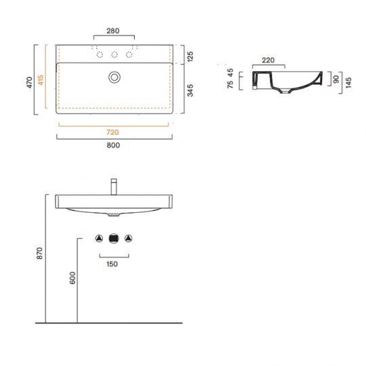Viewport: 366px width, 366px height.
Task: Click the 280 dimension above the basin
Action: point(113,30)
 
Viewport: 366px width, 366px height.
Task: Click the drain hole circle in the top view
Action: point(114,77)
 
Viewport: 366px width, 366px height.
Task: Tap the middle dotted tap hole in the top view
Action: point(114,55)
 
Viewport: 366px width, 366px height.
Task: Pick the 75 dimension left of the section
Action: point(230,85)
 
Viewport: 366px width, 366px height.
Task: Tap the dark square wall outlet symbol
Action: point(113,238)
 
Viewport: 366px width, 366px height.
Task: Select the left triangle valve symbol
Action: point(98,238)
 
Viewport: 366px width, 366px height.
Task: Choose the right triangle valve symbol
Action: point(128,238)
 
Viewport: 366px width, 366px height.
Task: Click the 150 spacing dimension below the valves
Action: point(113,264)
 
